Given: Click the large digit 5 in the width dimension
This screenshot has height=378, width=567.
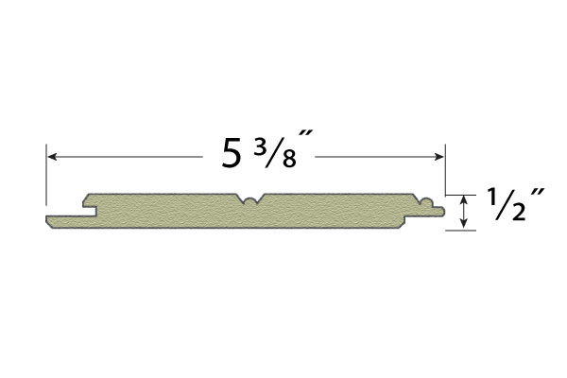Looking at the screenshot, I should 232,153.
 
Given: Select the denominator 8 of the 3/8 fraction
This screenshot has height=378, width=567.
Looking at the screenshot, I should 286,159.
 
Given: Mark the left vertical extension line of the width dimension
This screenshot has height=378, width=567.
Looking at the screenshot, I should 46,175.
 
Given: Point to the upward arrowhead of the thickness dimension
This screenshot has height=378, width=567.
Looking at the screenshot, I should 464,199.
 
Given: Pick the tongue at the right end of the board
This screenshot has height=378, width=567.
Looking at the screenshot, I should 438,212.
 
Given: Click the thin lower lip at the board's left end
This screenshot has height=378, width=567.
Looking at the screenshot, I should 66,221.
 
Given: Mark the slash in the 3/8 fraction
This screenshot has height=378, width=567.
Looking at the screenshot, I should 273,152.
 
